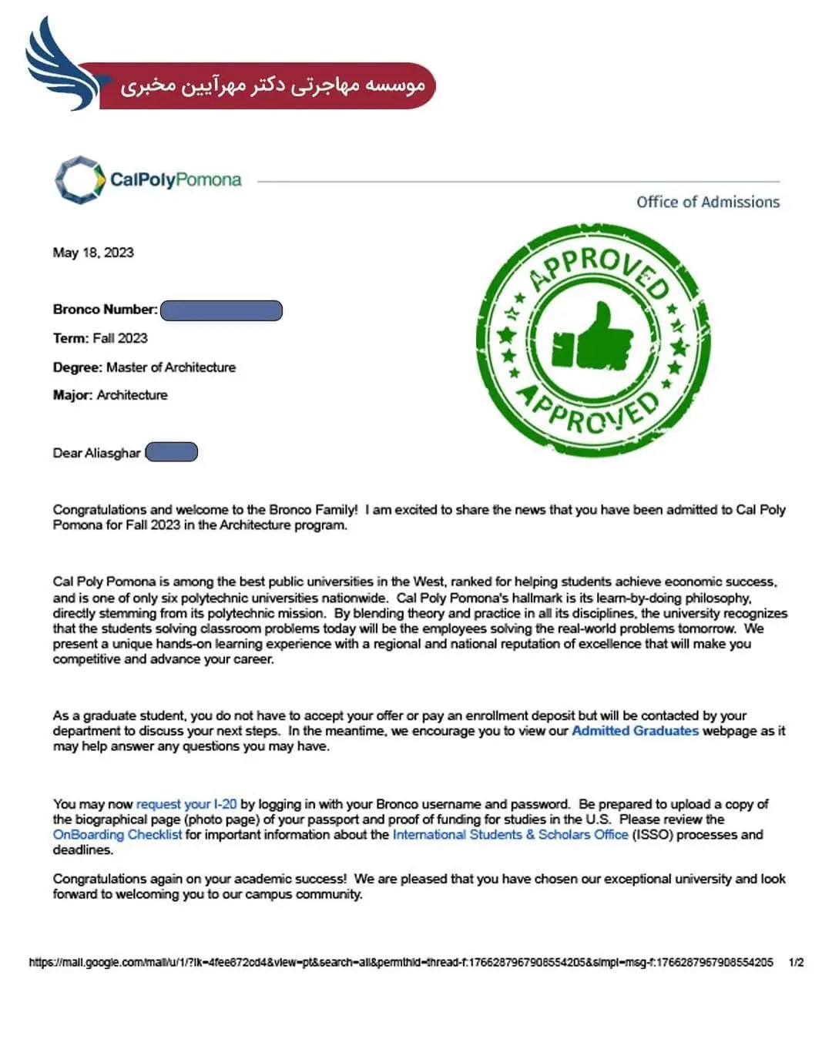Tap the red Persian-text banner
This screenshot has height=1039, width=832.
(x=270, y=85)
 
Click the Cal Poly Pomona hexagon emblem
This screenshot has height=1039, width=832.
(x=79, y=180)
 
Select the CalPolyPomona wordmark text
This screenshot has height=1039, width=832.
(x=176, y=180)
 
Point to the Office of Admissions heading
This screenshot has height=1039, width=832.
(x=707, y=202)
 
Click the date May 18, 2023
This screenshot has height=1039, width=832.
(x=93, y=253)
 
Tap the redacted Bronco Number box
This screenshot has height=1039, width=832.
(x=222, y=310)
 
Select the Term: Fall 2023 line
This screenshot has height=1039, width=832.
(x=100, y=338)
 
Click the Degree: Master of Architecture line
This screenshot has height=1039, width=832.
(x=144, y=367)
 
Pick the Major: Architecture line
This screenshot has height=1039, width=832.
(x=110, y=395)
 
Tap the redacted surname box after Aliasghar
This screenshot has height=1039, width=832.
(x=172, y=452)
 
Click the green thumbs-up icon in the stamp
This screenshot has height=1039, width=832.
(x=592, y=339)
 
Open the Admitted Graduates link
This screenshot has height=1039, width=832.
(x=635, y=731)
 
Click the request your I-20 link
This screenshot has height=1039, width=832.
(x=186, y=804)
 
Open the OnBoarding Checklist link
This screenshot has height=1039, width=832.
(x=117, y=835)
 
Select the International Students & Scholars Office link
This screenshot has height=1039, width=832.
(x=510, y=835)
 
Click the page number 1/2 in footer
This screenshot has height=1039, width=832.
(x=796, y=962)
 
